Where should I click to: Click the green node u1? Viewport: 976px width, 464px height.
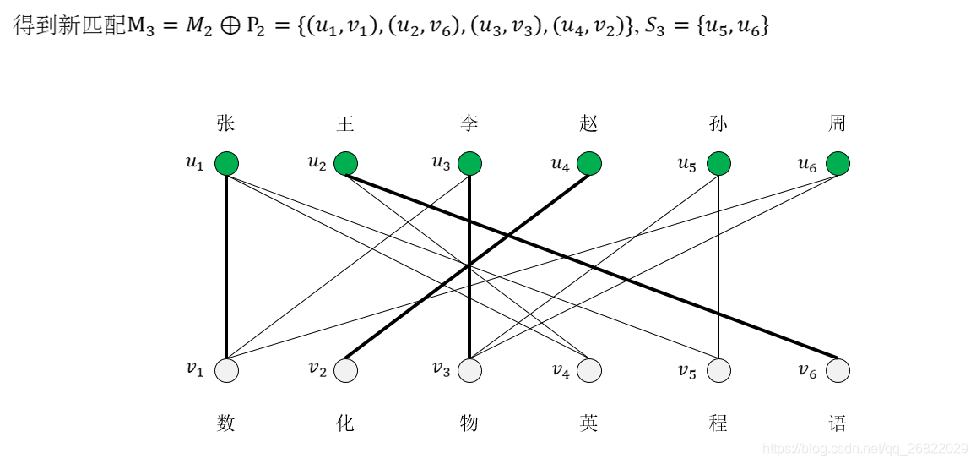(226, 163)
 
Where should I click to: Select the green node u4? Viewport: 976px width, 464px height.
(589, 163)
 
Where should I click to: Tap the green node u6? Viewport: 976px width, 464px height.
(838, 163)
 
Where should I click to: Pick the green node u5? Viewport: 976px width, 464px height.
(718, 163)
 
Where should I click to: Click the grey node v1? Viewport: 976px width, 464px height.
(226, 370)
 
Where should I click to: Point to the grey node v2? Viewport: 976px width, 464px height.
(345, 370)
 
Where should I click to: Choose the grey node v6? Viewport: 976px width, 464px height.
(838, 370)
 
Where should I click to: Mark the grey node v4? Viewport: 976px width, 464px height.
(589, 370)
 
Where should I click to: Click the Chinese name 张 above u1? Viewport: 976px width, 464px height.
(225, 124)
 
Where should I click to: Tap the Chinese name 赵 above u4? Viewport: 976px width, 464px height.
(588, 124)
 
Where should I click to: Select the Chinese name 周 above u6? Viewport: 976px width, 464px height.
(837, 124)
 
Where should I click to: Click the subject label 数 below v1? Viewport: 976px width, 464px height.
(225, 423)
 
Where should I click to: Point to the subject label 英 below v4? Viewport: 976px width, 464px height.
(588, 423)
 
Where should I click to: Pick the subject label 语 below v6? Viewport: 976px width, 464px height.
(837, 423)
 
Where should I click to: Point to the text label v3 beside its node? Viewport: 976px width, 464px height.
(441, 369)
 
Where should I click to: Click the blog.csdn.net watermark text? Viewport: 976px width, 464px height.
(865, 449)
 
